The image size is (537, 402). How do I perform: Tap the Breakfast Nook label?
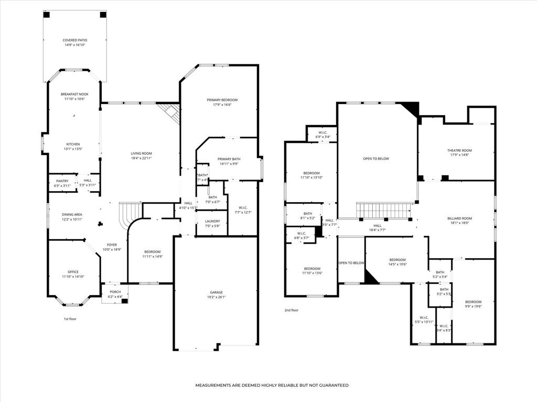(74, 94)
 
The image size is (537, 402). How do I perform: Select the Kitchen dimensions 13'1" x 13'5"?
(74, 149)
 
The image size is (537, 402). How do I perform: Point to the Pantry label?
(62, 181)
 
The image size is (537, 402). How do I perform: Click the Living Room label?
(141, 153)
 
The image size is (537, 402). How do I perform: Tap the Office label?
(73, 272)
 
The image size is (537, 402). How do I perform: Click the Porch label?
(115, 292)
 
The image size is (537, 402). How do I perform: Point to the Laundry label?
(212, 221)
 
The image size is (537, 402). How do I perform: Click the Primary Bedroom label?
(222, 100)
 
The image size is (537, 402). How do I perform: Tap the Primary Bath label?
(229, 159)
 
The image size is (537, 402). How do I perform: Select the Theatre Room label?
(459, 150)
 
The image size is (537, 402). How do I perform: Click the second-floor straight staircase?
(384, 210)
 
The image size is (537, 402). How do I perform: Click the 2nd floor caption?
(292, 310)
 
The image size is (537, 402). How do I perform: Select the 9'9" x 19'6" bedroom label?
(473, 302)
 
